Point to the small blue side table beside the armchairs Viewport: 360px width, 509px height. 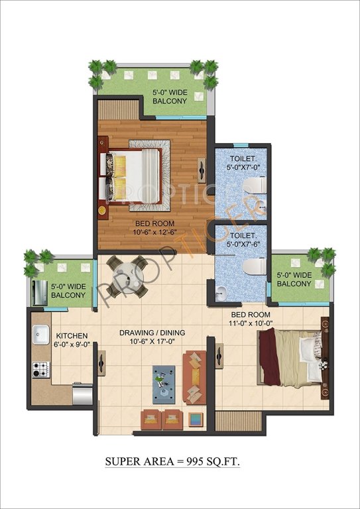click(x=196, y=418)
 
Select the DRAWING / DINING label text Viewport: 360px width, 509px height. click(x=152, y=337)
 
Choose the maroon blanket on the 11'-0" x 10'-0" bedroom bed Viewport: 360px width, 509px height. click(x=269, y=355)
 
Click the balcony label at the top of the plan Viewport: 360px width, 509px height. click(x=169, y=96)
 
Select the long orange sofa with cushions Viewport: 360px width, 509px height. click(x=194, y=376)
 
